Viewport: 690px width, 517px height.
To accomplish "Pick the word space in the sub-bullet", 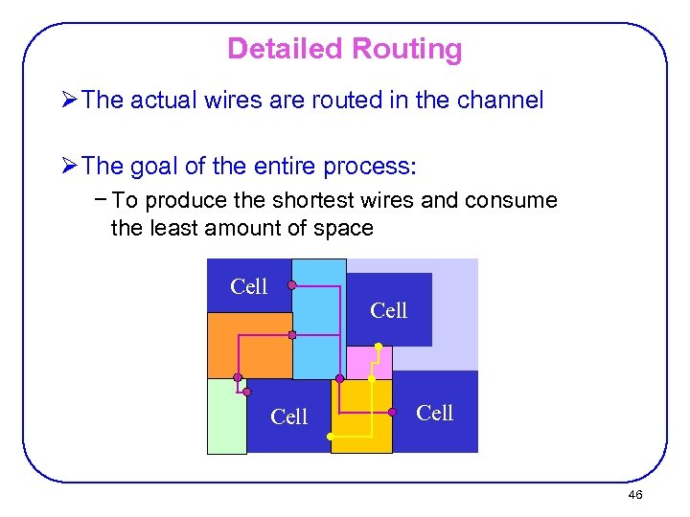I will point(346,228).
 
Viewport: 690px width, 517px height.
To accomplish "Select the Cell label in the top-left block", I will point(249,286).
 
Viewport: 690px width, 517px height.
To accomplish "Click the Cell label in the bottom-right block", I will point(434,413).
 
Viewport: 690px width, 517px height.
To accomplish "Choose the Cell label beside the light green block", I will point(288,416).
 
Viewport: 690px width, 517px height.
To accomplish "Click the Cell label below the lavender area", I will point(388,310).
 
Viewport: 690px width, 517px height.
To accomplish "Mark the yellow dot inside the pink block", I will point(379,346).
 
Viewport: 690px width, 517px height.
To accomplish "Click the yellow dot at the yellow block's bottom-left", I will point(331,437).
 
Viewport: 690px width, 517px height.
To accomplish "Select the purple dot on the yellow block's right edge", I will point(392,412).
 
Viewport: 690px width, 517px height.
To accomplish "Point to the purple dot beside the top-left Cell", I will point(291,285).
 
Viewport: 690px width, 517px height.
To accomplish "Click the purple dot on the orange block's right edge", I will point(292,335).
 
